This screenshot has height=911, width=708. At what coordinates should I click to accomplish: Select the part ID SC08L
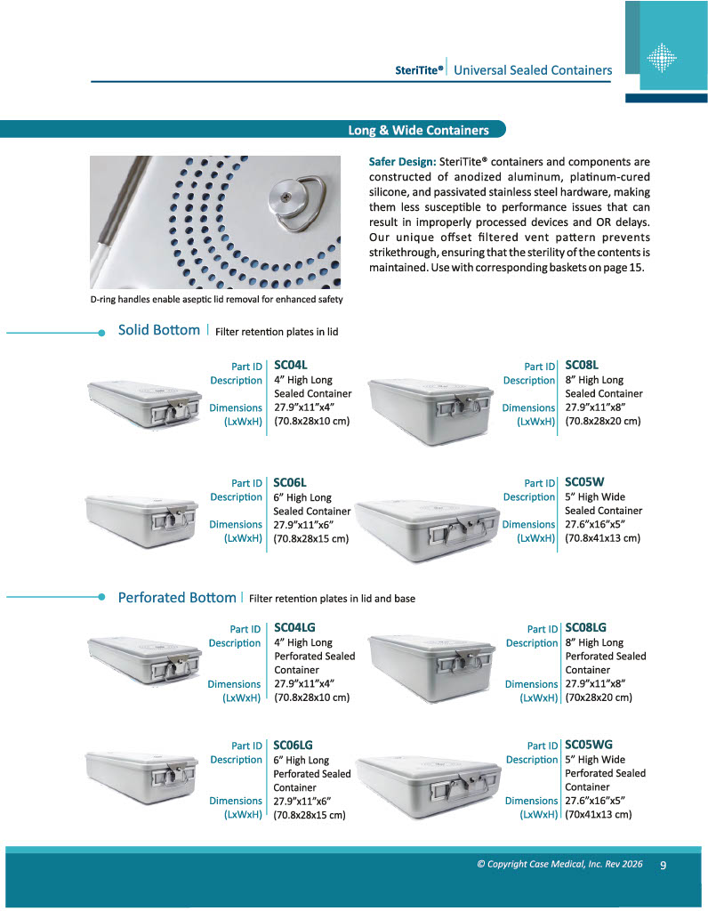582,366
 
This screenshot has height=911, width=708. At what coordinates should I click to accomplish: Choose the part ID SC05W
584,483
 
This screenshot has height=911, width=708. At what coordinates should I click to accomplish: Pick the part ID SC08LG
585,628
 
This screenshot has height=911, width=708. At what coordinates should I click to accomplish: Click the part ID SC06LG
293,746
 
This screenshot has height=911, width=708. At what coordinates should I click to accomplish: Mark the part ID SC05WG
589,746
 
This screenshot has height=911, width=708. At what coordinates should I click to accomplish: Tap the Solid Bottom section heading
159,330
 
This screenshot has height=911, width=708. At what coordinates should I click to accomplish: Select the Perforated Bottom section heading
177,597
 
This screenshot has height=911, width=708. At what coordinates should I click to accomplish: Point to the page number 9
664,864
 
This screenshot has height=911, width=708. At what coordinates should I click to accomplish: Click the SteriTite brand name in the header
419,70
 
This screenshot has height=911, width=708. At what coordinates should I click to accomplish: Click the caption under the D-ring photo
216,299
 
